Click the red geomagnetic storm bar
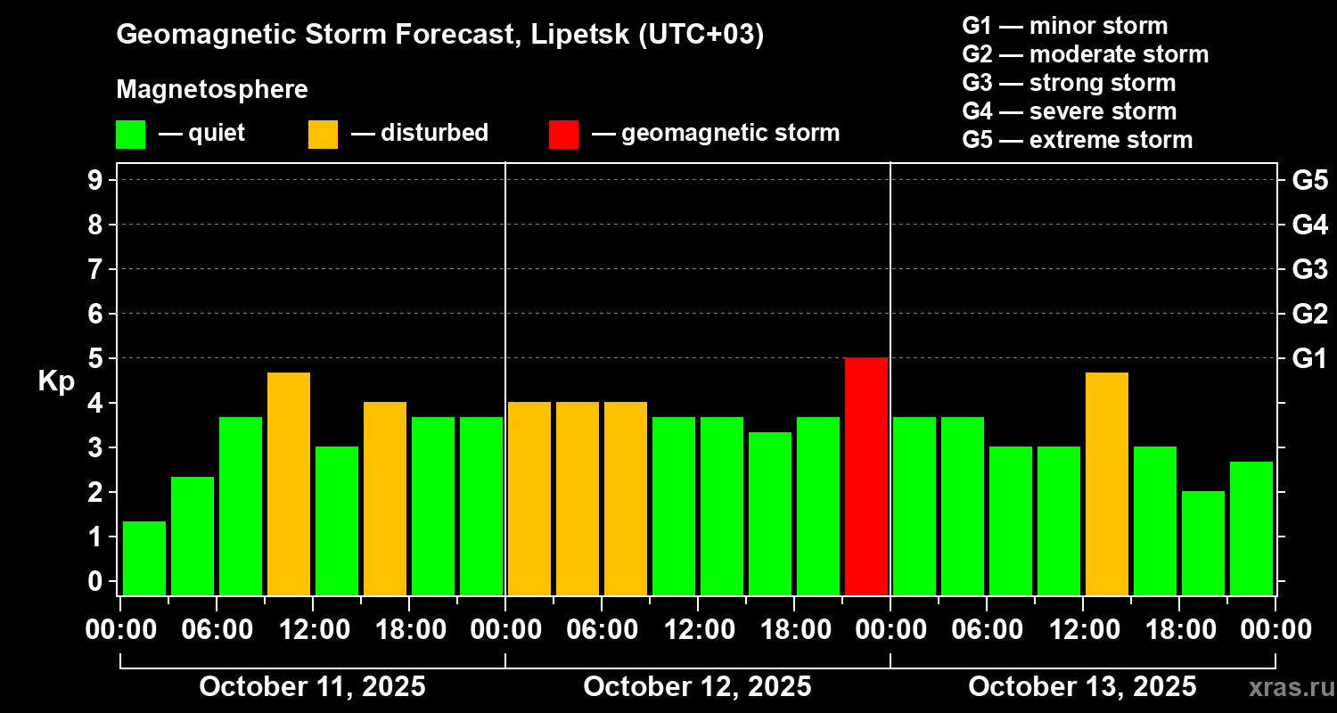(x=866, y=476)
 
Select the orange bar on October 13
(x=1107, y=483)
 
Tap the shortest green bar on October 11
(x=144, y=558)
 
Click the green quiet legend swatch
(x=130, y=135)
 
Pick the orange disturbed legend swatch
(x=323, y=135)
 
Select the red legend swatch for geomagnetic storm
(x=563, y=135)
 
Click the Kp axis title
(x=56, y=381)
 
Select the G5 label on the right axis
(x=1309, y=180)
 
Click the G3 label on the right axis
(x=1309, y=269)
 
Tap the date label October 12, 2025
(x=697, y=687)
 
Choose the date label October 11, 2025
(x=312, y=687)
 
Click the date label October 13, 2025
(x=1082, y=687)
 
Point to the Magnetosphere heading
(x=212, y=90)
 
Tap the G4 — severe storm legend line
(x=1070, y=111)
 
